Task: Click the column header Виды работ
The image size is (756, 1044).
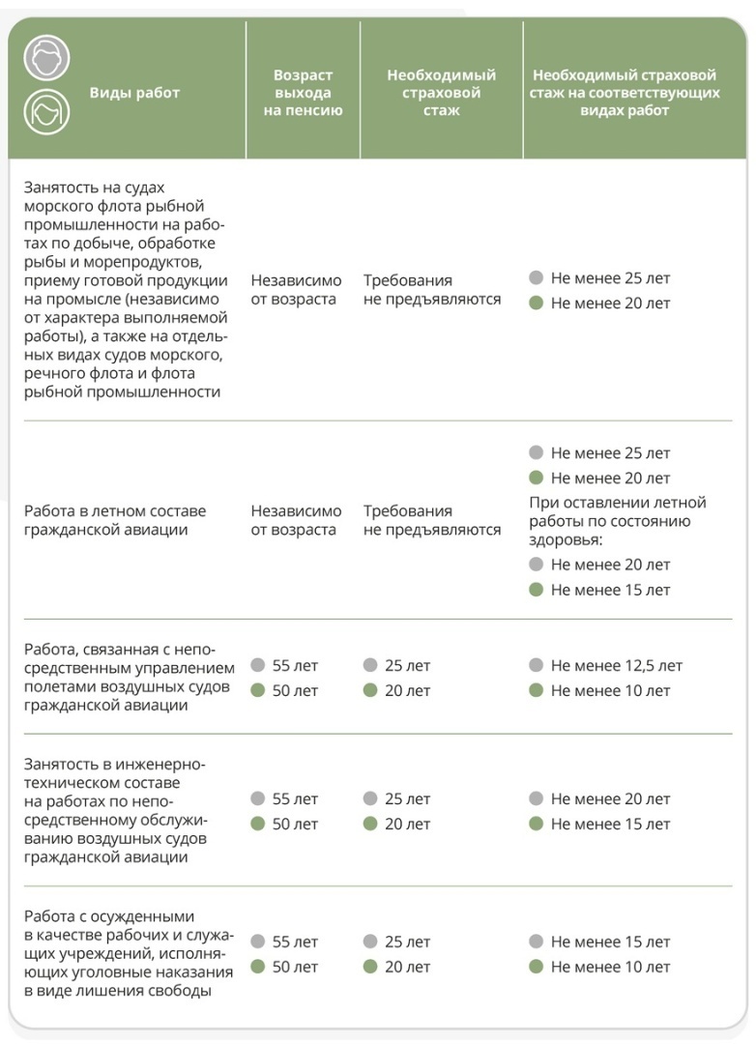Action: [x=134, y=93]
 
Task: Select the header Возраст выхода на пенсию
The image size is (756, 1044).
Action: [x=303, y=93]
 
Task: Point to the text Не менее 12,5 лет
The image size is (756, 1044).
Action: [x=616, y=666]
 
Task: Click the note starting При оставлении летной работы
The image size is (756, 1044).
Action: [x=617, y=521]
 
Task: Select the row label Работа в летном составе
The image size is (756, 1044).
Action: [x=115, y=520]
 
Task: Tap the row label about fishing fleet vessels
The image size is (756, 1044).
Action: [x=126, y=289]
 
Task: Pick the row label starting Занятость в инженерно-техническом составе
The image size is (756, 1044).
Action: [x=116, y=811]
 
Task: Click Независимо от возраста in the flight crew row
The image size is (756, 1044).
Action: [x=296, y=520]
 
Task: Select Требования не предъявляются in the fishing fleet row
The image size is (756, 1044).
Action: [x=432, y=289]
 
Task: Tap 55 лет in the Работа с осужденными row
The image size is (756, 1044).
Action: [x=294, y=942]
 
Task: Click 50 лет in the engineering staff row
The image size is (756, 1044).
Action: [x=294, y=825]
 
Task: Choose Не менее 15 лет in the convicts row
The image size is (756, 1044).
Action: [x=610, y=942]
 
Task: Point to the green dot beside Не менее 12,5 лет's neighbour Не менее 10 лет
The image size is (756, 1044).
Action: [x=537, y=691]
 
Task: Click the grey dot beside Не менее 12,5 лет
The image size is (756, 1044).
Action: [x=537, y=666]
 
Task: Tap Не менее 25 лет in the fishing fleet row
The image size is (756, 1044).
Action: [x=610, y=278]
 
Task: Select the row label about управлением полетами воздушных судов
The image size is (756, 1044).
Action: [x=129, y=677]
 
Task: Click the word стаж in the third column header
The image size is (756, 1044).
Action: [x=441, y=111]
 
